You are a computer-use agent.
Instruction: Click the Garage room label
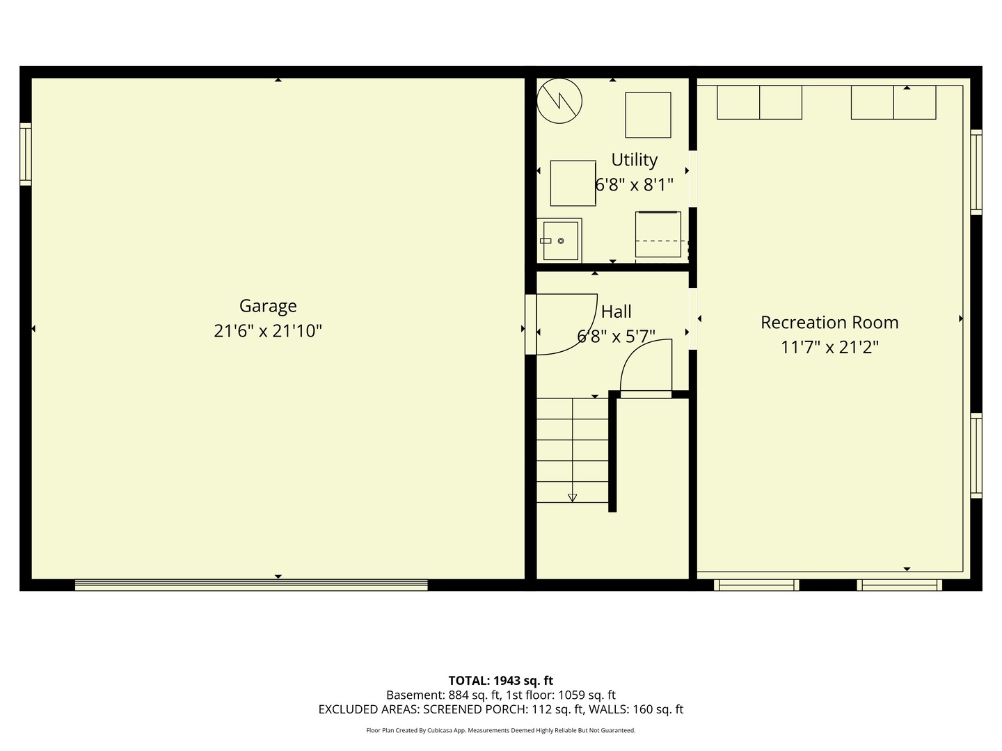(268, 306)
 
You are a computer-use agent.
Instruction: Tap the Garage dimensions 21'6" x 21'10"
(268, 331)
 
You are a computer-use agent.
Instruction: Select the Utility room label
(634, 160)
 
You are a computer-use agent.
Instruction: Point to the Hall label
(616, 312)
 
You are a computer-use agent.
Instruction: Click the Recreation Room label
(829, 323)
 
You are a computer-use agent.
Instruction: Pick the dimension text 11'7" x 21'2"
(829, 347)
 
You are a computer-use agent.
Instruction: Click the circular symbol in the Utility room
(559, 101)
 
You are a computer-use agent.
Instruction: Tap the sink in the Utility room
(560, 241)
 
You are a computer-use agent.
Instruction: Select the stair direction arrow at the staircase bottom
(572, 497)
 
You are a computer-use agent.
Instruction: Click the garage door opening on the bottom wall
(251, 585)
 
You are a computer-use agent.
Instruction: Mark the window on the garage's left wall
(26, 154)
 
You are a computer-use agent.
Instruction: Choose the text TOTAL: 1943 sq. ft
(500, 681)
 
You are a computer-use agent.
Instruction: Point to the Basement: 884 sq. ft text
(443, 695)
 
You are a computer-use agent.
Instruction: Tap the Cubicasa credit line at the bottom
(500, 730)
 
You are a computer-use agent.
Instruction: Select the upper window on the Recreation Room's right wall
(976, 172)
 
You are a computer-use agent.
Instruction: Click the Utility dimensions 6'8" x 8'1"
(634, 185)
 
